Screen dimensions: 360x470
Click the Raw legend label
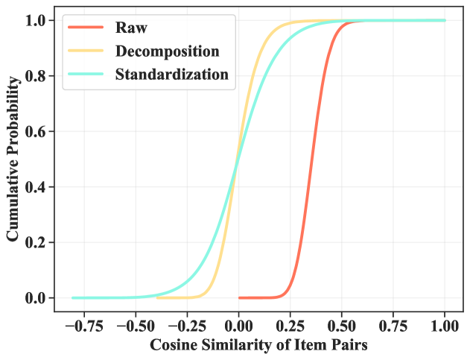point(131,29)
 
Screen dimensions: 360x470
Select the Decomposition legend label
point(167,51)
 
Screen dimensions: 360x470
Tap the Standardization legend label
point(171,75)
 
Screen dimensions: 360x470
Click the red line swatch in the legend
point(86,29)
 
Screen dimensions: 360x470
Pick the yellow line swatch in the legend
point(86,51)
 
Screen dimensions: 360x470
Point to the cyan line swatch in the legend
point(86,75)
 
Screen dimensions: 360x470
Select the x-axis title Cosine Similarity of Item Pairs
point(258,346)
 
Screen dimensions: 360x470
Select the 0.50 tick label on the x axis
point(342,326)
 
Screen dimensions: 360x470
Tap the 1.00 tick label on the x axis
point(445,326)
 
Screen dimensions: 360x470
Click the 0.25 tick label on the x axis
point(290,326)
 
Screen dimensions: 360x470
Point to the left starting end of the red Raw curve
point(239,297)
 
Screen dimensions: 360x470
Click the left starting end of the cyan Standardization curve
point(73,297)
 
